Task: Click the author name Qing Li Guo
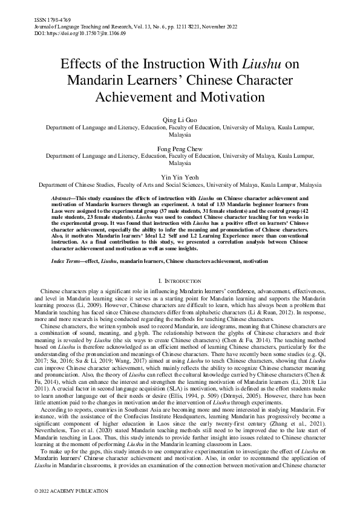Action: click(179, 120)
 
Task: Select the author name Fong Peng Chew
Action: click(179, 148)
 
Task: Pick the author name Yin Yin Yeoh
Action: click(179, 177)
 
